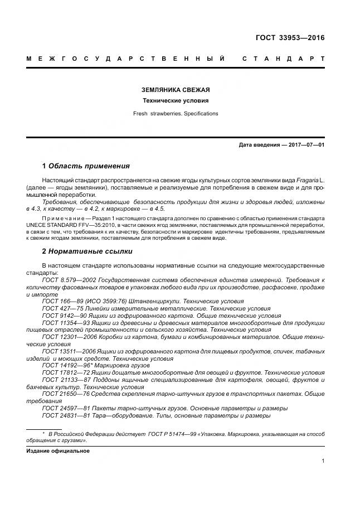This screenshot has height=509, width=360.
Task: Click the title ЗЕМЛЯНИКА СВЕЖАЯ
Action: (175, 90)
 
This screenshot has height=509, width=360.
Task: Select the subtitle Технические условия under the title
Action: (175, 101)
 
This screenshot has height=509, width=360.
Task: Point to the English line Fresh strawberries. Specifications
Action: (175, 114)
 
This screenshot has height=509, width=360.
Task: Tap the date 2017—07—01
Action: (305, 145)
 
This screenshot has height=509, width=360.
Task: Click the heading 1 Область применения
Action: (86, 166)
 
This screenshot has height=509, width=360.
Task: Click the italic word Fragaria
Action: (305, 182)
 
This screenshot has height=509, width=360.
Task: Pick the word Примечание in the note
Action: (65, 217)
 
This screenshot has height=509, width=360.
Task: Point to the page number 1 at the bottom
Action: (323, 461)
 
